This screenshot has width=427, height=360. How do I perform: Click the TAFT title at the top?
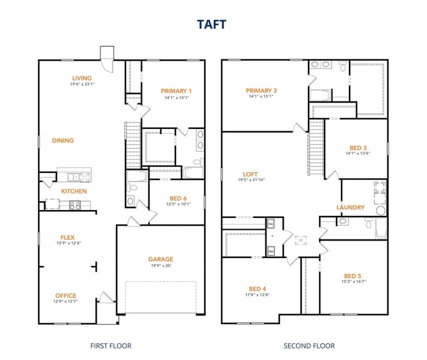pyautogui.click(x=213, y=23)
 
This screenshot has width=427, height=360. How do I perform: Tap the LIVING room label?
pyautogui.click(x=82, y=78)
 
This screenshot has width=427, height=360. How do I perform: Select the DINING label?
pyautogui.click(x=62, y=140)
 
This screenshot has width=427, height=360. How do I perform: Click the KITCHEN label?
pyautogui.click(x=74, y=191)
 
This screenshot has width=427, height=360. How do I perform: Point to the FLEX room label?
pyautogui.click(x=67, y=237)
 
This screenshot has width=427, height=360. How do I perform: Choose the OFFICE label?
pyautogui.click(x=65, y=295)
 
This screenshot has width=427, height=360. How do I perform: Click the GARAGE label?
pyautogui.click(x=160, y=259)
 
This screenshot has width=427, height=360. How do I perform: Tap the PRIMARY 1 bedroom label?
pyautogui.click(x=175, y=91)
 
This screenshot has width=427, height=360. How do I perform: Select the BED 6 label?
pyautogui.click(x=178, y=198)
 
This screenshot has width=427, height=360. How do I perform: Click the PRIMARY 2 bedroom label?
pyautogui.click(x=261, y=91)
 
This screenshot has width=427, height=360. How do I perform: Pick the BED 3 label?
pyautogui.click(x=358, y=148)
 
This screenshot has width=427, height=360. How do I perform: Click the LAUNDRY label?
pyautogui.click(x=350, y=208)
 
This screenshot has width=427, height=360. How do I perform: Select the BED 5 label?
pyautogui.click(x=353, y=275)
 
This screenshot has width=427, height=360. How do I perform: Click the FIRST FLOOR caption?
pyautogui.click(x=111, y=346)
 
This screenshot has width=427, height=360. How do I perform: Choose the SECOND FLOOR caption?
pyautogui.click(x=309, y=346)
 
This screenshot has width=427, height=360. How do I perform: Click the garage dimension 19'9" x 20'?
pyautogui.click(x=160, y=266)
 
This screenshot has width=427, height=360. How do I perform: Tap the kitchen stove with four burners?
pyautogui.click(x=76, y=205)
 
